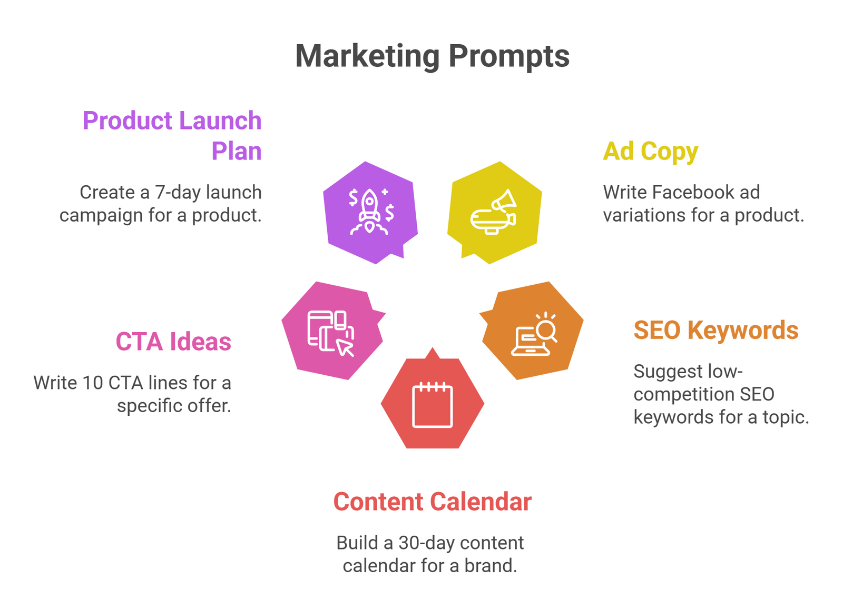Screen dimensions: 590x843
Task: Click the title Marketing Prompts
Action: [x=432, y=56]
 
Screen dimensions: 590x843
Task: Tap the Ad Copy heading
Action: [x=650, y=152]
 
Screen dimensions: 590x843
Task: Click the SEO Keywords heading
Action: [x=715, y=331]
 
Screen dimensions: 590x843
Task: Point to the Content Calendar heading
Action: [x=432, y=502]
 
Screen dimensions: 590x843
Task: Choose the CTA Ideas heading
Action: [x=173, y=342]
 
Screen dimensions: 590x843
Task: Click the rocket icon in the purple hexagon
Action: [x=370, y=212]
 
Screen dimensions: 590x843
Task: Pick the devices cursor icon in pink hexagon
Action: [x=331, y=333]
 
